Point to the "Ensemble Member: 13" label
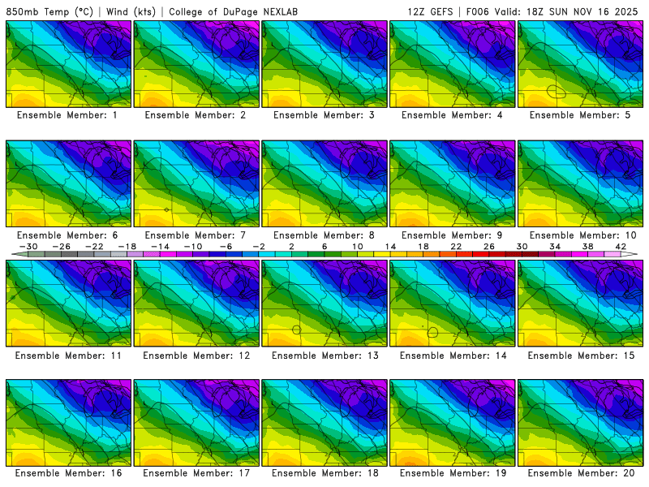[326, 356]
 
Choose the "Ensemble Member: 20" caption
[582, 472]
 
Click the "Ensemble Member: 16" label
[70, 472]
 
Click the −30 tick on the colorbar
[28, 246]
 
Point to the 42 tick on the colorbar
[621, 246]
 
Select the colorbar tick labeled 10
[358, 246]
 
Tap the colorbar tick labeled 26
[489, 246]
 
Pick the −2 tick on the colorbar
[259, 246]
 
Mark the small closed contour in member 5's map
[557, 92]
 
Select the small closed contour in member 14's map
[433, 332]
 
